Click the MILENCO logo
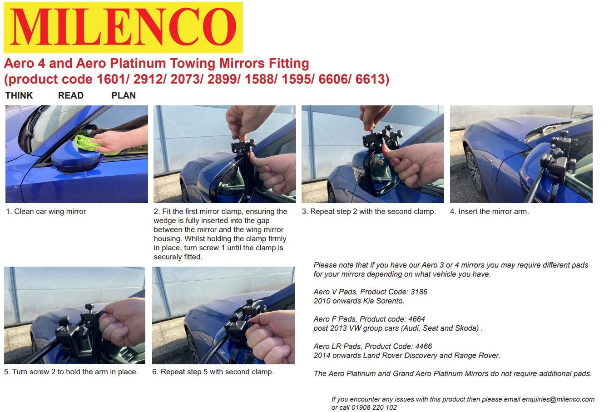(123, 27)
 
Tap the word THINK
(19, 95)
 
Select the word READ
(71, 95)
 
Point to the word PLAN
(124, 95)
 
